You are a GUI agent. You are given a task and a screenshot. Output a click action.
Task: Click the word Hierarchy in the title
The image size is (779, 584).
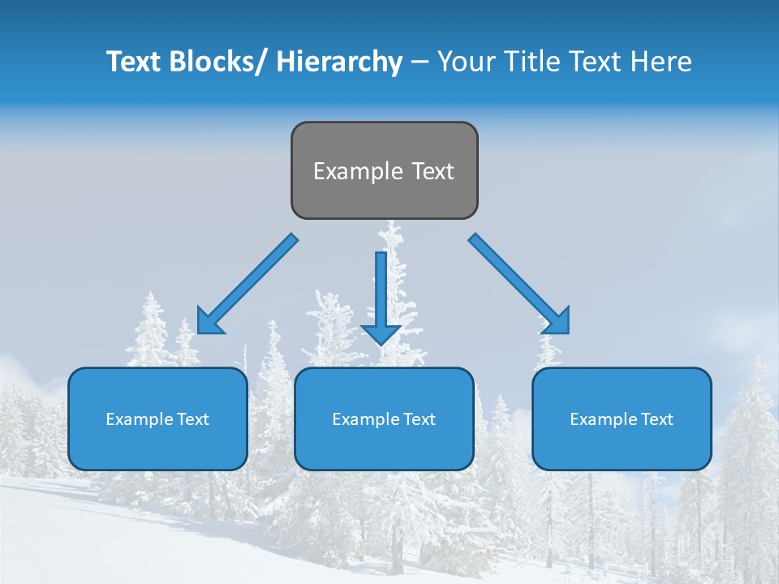click(338, 62)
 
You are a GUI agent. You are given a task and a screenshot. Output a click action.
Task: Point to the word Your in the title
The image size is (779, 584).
click(466, 62)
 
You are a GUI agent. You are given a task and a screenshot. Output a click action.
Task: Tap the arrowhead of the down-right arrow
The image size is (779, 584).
click(557, 320)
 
